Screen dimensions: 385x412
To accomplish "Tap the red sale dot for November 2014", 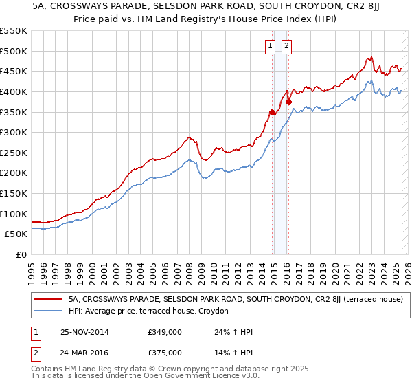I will (273, 112).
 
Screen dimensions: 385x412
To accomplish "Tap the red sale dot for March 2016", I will (289, 102).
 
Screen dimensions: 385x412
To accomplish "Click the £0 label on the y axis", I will (21, 254).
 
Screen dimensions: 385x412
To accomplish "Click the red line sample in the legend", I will (47, 299).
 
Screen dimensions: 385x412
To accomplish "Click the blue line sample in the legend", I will (47, 311).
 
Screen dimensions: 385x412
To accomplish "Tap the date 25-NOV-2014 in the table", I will (84, 332).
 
